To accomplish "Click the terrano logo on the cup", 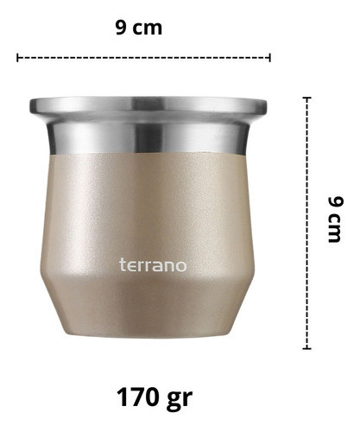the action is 153,265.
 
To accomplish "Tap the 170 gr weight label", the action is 155,398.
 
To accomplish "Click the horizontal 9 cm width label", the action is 139,28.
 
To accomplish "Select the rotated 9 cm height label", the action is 336,219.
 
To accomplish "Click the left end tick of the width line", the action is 17,58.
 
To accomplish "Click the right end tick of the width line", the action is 269,58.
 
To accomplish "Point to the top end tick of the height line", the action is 306,98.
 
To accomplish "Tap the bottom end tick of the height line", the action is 306,349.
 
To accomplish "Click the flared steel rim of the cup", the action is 148,105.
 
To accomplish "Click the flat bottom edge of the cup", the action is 148,335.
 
